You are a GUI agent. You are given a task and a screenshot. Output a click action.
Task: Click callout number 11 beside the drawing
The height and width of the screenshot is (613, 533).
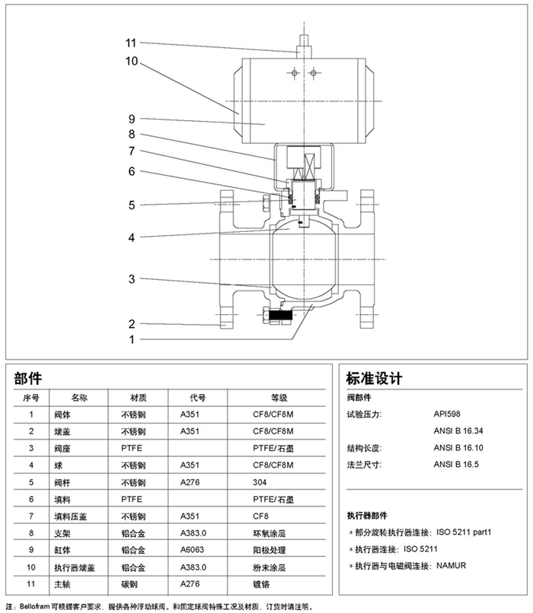131,43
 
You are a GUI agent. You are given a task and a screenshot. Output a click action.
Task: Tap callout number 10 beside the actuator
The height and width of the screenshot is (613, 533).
131,60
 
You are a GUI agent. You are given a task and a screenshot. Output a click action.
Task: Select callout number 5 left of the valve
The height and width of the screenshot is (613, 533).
131,205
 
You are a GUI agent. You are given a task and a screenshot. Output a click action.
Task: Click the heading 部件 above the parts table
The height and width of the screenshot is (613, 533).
28,379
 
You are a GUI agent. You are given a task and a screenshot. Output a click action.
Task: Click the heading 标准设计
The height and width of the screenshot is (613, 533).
373,379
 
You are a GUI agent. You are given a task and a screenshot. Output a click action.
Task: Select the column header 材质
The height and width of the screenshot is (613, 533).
138,397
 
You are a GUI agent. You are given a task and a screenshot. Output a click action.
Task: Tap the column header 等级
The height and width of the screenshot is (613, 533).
279,397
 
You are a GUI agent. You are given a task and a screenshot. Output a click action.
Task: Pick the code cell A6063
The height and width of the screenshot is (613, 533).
193,549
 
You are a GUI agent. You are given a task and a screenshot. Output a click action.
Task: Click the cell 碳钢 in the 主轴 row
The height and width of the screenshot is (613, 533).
129,584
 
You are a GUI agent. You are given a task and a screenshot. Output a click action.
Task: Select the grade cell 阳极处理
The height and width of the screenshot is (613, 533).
269,549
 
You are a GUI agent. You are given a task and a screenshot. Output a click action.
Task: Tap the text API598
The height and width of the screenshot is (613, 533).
447,414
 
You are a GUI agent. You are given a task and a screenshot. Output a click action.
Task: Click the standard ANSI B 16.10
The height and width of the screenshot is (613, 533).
458,447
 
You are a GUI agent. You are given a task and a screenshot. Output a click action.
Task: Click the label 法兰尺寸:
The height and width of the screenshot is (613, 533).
364,464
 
